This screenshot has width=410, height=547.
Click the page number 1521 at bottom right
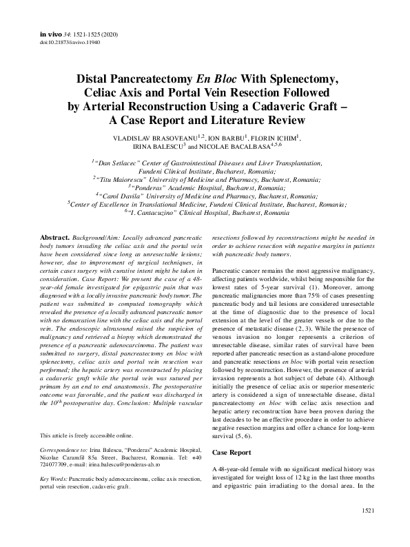coord(367,530)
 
